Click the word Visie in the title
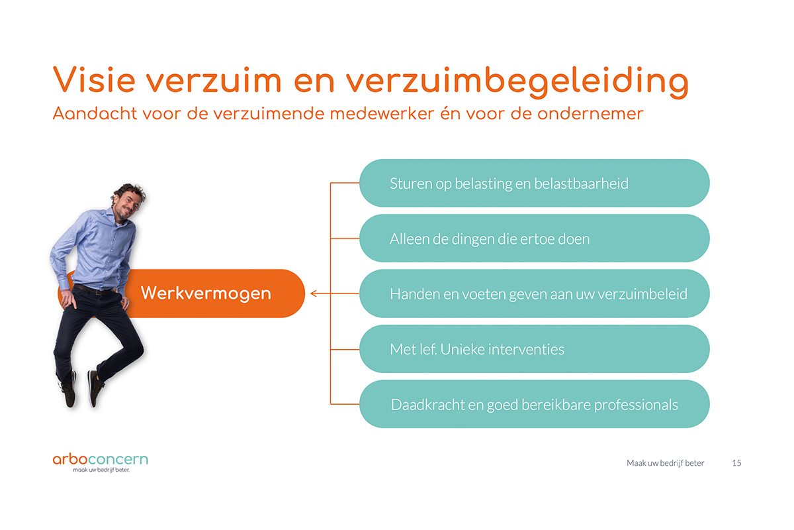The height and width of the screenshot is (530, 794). tap(94, 80)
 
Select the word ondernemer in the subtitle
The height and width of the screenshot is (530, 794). tap(590, 114)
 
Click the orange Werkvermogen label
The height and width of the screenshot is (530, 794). tap(206, 293)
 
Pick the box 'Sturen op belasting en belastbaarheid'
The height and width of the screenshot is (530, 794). tap(535, 183)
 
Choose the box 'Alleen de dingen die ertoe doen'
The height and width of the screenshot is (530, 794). tap(535, 238)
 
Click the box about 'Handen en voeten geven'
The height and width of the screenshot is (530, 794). tap(535, 293)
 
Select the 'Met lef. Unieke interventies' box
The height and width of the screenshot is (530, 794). tap(535, 349)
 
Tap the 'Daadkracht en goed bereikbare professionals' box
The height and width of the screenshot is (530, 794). tap(535, 404)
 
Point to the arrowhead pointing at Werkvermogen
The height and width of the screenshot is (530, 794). tap(312, 293)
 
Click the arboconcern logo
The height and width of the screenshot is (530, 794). tap(101, 462)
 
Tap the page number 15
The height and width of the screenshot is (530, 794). tap(736, 463)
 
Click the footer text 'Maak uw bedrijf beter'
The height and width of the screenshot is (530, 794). tap(666, 463)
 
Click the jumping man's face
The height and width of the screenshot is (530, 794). tap(126, 205)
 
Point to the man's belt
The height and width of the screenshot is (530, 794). tap(93, 290)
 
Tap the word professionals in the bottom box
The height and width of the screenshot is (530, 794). tap(636, 405)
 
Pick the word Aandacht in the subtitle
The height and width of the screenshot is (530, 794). tap(95, 113)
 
